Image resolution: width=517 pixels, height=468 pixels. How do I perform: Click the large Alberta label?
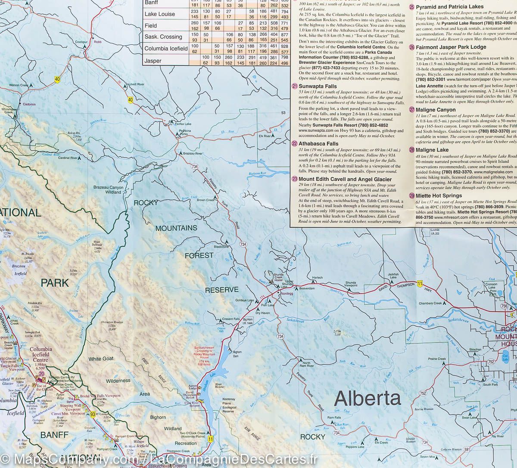[368, 398]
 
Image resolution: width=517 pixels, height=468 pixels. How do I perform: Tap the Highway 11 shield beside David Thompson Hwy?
[419, 282]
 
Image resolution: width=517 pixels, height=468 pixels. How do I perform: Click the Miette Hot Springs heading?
[439, 196]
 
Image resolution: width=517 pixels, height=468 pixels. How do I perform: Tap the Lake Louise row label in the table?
[160, 14]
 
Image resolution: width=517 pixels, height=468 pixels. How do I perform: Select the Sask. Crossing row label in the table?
[163, 37]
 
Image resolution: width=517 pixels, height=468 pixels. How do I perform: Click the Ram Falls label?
[334, 418]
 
